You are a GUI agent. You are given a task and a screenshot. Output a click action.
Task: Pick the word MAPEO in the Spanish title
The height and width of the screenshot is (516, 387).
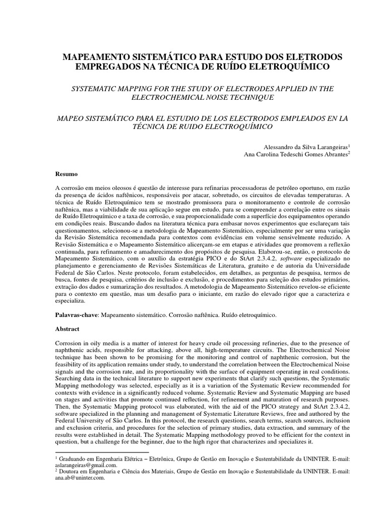71,117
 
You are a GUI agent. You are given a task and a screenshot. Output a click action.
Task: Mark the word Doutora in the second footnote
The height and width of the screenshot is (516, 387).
72,472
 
